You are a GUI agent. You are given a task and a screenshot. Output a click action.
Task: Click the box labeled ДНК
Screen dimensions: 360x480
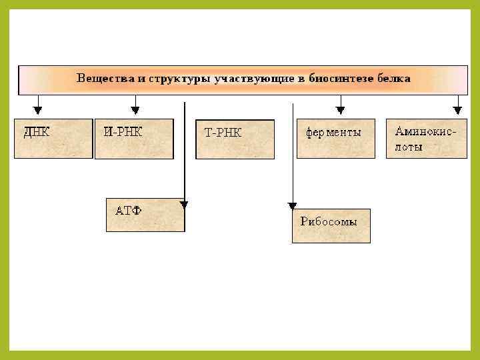point(53,138)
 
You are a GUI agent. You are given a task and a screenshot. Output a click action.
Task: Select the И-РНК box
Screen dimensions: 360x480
point(134,139)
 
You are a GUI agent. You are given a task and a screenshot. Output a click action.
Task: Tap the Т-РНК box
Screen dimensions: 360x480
point(235,139)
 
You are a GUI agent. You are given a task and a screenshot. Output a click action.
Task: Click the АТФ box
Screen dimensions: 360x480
point(145,214)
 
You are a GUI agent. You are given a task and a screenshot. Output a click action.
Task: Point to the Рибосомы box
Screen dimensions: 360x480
point(331,226)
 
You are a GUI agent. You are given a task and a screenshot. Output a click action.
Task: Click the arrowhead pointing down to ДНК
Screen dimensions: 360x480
point(38,109)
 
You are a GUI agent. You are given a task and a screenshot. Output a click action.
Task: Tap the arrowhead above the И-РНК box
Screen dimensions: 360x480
point(135,109)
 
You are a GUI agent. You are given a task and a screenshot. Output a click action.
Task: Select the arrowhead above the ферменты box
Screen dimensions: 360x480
point(340,109)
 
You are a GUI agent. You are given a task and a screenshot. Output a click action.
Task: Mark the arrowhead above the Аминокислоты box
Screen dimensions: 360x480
point(457,109)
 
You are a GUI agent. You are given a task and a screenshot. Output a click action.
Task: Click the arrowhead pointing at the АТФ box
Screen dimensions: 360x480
point(185,205)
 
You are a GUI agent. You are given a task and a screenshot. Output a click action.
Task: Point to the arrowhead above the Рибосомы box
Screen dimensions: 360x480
point(292,207)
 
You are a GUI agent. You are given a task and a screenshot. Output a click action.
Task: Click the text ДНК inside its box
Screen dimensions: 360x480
point(37,132)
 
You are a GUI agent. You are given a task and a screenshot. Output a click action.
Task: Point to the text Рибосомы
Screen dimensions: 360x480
point(329,222)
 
